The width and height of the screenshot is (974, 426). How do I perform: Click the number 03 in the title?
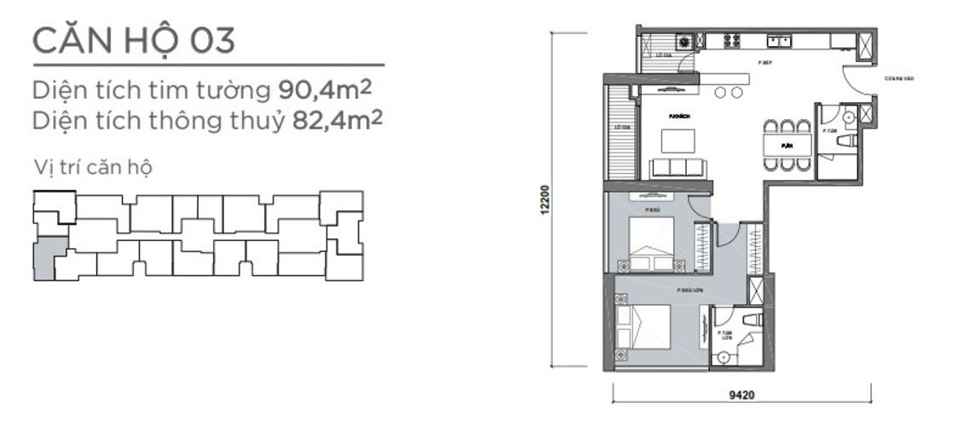pyautogui.click(x=212, y=39)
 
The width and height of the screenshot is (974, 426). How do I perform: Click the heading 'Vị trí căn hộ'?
pyautogui.click(x=92, y=168)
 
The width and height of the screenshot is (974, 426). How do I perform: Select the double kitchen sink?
pyautogui.click(x=779, y=40)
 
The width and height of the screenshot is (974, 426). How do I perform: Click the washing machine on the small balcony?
pyautogui.click(x=683, y=40)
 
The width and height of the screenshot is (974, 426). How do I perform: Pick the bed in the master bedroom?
pyautogui.click(x=646, y=325)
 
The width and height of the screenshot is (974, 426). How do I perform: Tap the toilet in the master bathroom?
pyautogui.click(x=751, y=319)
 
